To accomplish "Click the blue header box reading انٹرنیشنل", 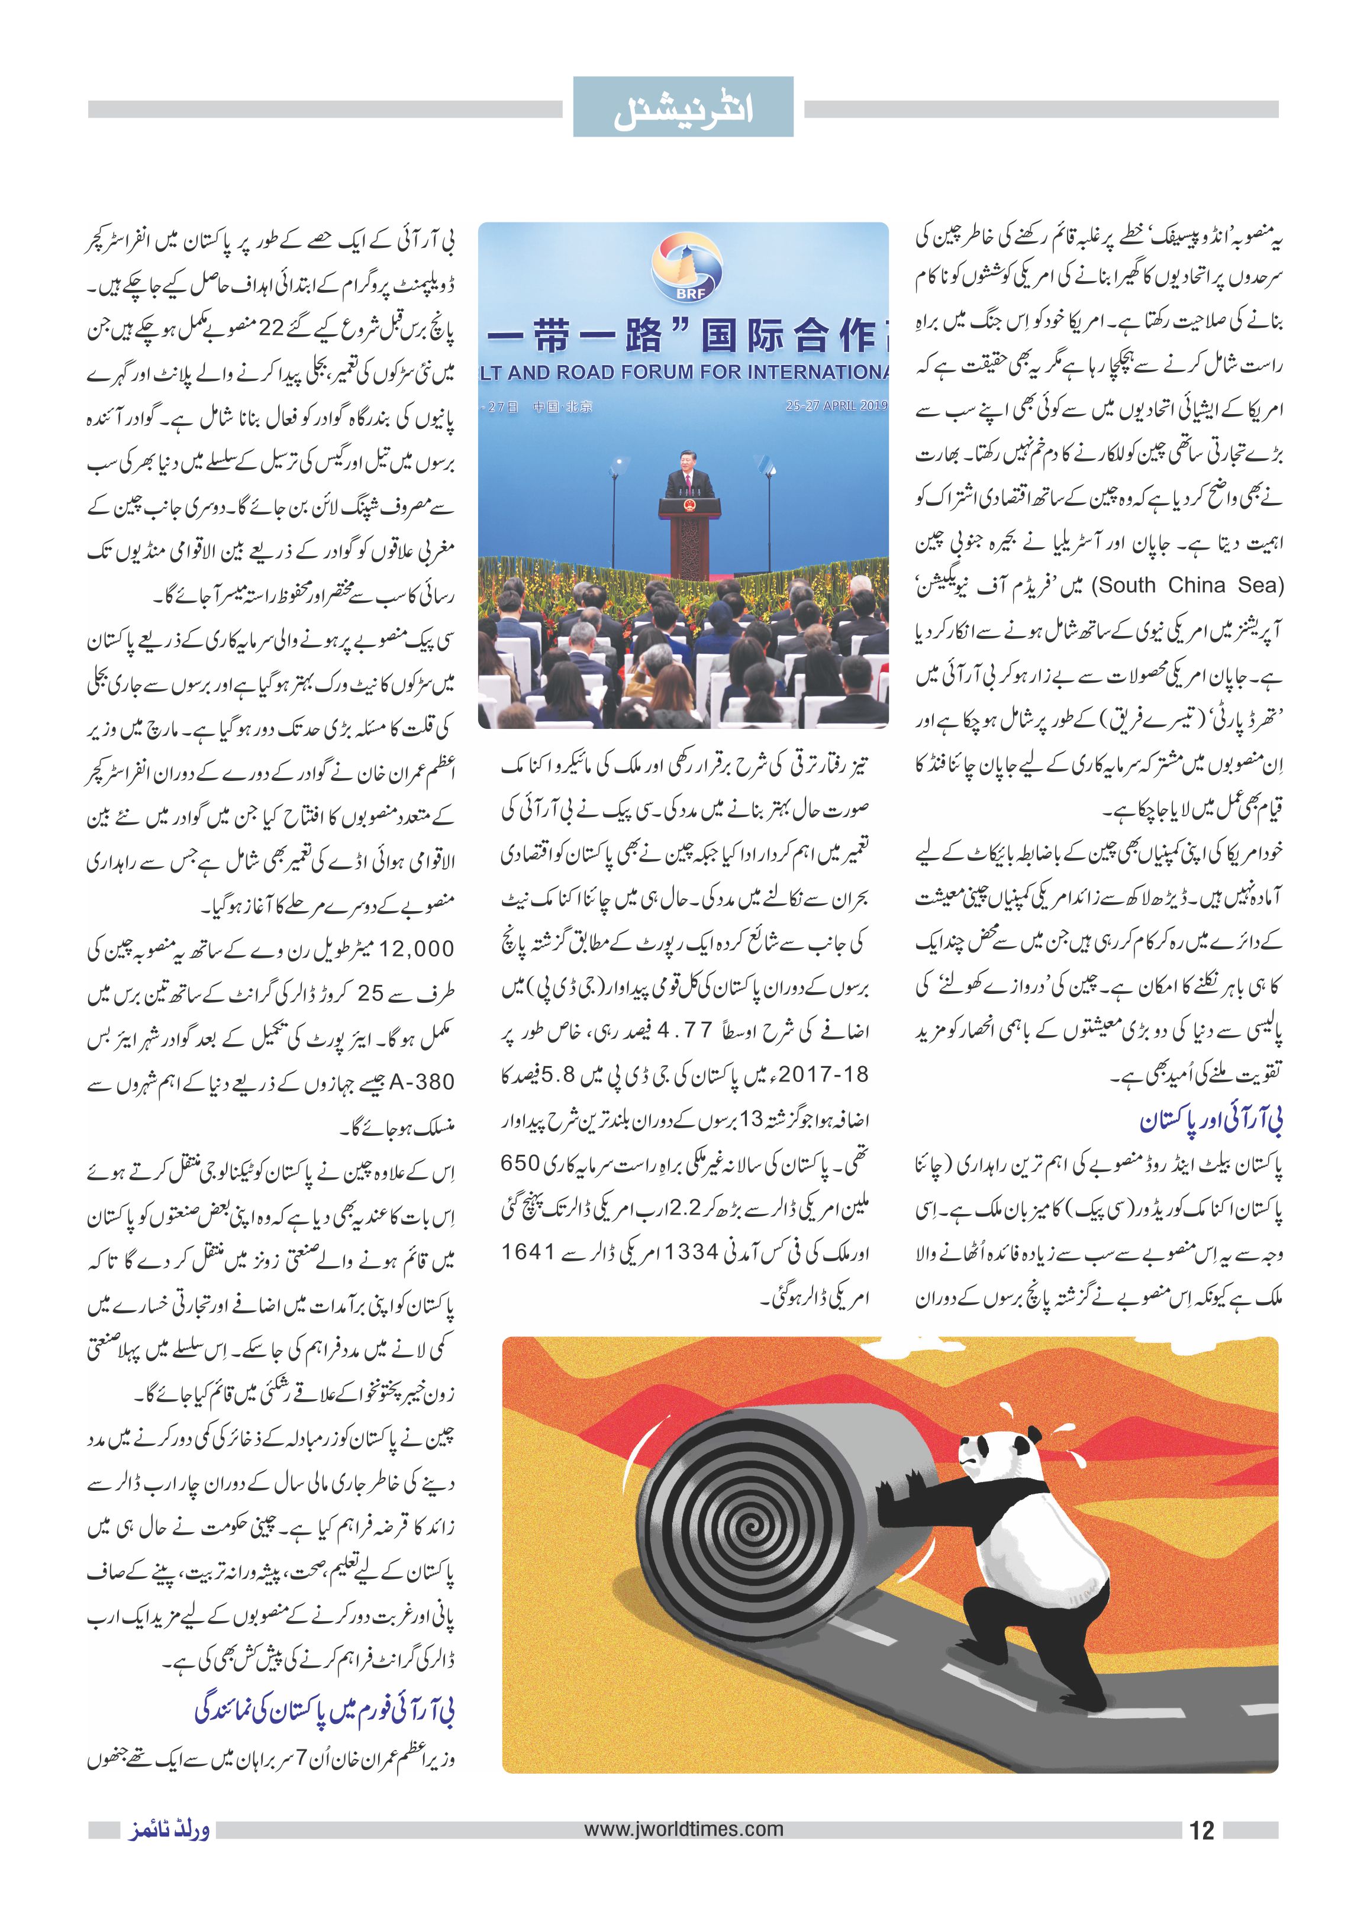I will pyautogui.click(x=683, y=107).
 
